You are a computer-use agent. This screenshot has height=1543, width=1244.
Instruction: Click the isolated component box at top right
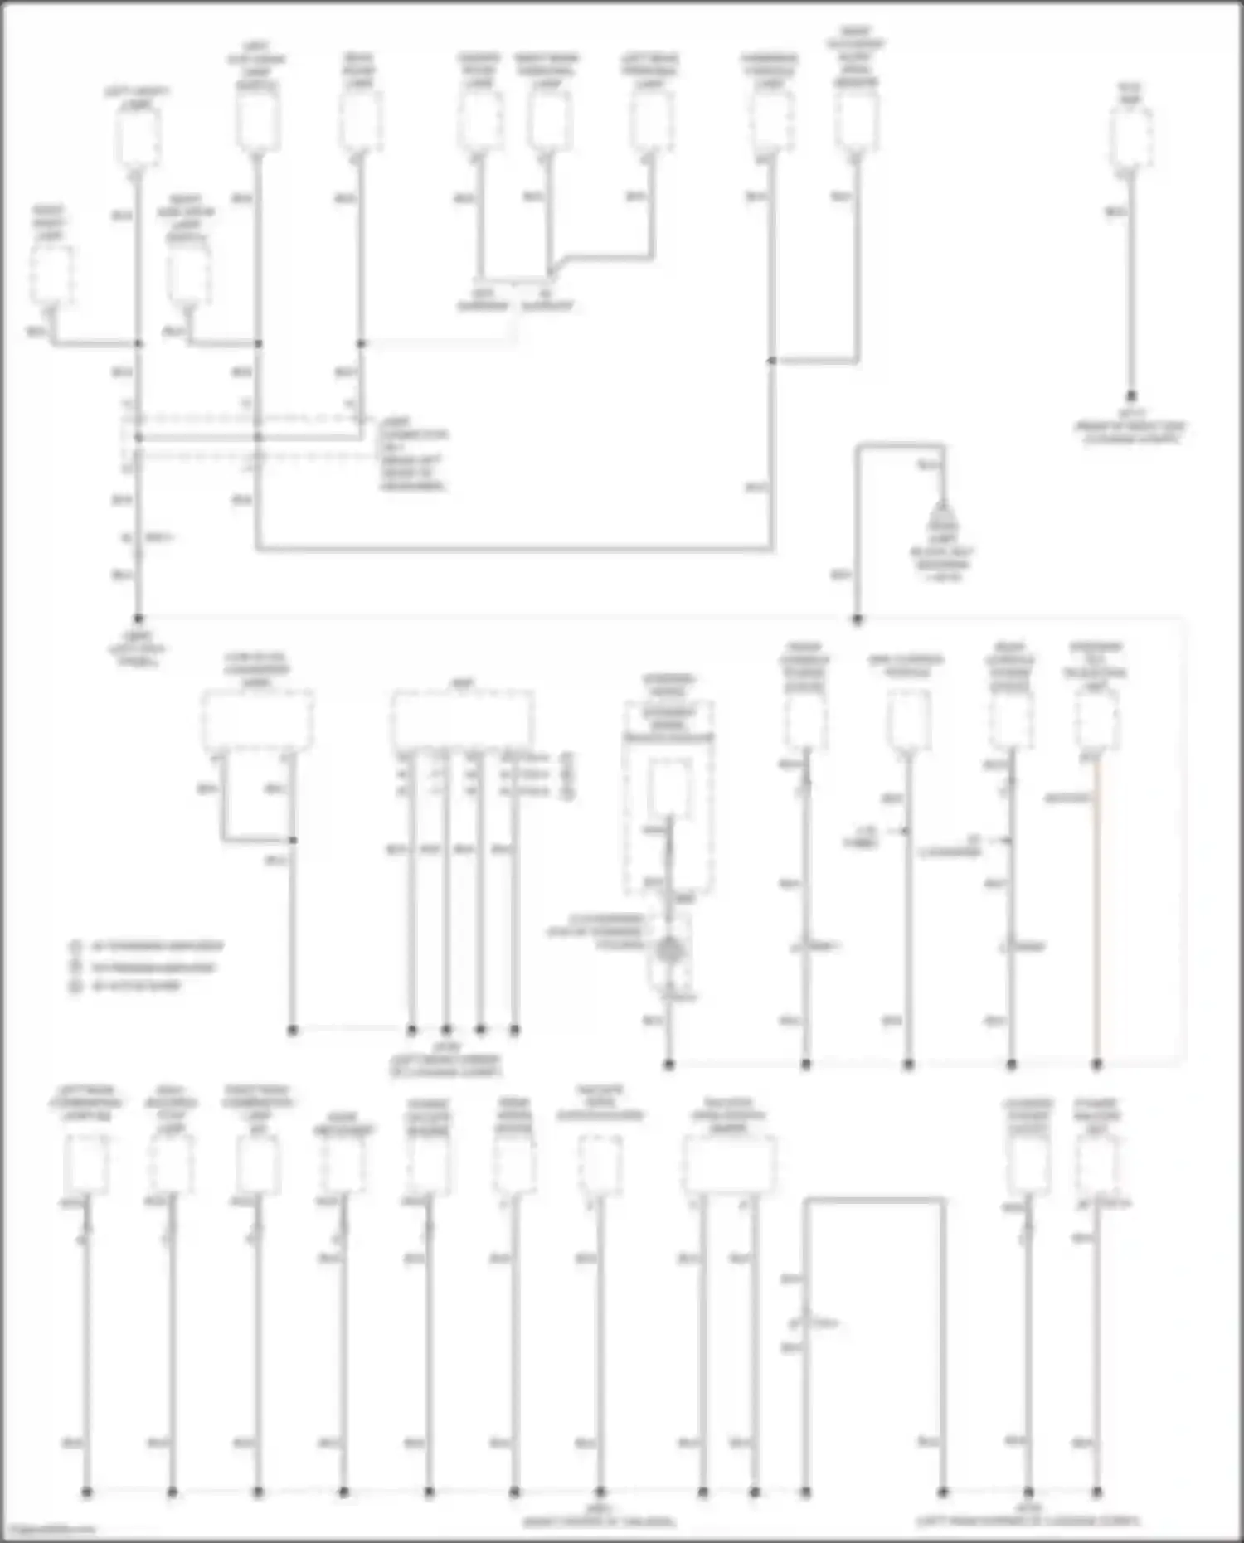click(1130, 138)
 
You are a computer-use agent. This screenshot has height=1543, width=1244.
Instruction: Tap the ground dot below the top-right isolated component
click(1130, 397)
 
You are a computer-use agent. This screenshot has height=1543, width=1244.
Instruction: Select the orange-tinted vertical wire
click(1096, 912)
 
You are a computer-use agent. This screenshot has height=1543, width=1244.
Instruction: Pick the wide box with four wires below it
click(462, 718)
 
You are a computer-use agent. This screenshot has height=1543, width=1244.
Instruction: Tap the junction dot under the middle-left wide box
click(292, 840)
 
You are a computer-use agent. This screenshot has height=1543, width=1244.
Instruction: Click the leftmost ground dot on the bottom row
click(86, 1492)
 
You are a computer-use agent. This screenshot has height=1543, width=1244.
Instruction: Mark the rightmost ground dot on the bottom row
click(1096, 1492)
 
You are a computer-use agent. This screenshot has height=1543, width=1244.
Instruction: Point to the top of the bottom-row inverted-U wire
click(874, 1199)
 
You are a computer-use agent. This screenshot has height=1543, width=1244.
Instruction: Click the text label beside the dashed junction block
click(413, 454)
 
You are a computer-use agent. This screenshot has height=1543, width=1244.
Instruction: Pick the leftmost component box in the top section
click(51, 274)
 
